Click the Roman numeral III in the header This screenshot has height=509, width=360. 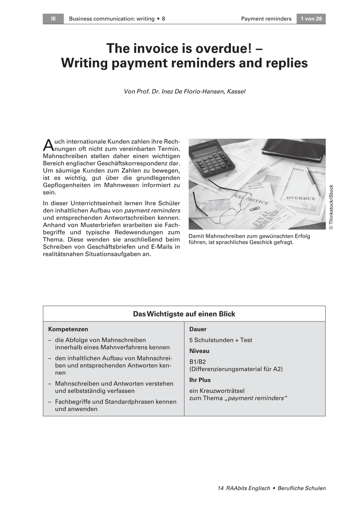tap(53, 19)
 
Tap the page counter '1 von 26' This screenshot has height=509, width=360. tap(311, 19)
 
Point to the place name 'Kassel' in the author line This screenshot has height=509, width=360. tap(236, 92)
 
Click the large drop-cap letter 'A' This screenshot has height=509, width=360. tap(48, 145)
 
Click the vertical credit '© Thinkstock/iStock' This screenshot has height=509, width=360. tap(331, 208)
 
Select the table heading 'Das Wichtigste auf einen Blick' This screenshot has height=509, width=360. tap(184, 314)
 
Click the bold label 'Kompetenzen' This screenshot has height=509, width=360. tap(68, 329)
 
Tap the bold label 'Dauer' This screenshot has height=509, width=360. tap(198, 329)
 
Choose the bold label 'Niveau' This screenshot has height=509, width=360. tap(199, 351)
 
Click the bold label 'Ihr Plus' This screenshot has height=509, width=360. tap(200, 380)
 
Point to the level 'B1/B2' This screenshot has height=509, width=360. tap(197, 362)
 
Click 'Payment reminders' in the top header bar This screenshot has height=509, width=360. tap(266, 19)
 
